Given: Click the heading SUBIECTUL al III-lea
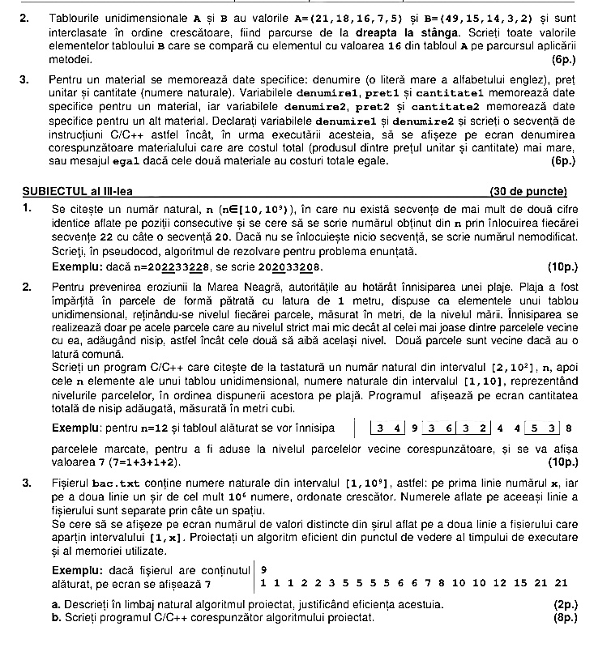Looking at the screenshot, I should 78,192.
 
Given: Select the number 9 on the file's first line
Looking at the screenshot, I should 264,569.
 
